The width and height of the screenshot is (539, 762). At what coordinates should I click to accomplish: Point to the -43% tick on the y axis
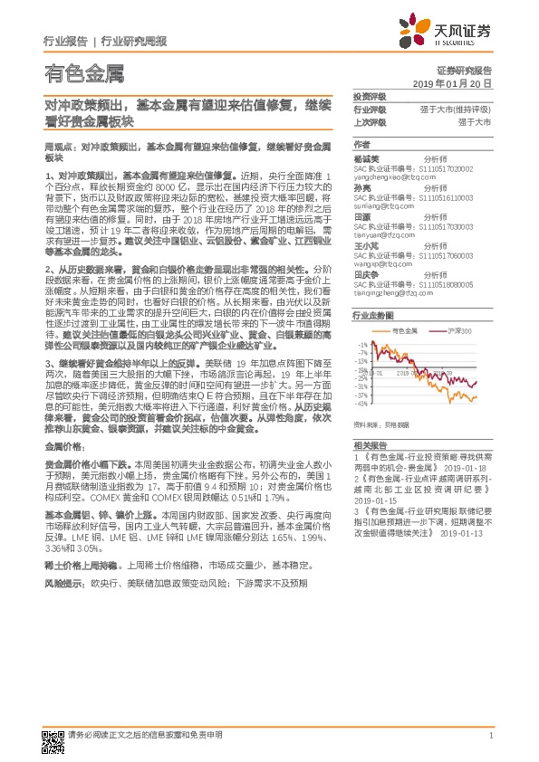coord(362,405)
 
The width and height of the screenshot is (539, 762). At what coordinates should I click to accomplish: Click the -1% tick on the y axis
coord(364,346)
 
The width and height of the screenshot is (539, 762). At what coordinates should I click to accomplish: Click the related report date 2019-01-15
coord(374,499)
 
